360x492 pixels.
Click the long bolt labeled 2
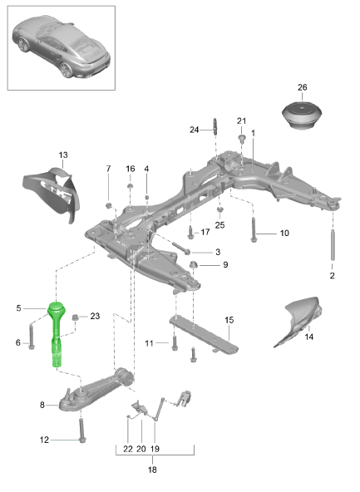[333, 245]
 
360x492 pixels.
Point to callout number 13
[63, 155]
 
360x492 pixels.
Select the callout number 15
[229, 319]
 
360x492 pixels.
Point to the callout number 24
[194, 130]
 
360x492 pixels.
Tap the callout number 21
[242, 121]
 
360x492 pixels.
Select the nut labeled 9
[194, 266]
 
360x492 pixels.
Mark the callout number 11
[149, 342]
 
